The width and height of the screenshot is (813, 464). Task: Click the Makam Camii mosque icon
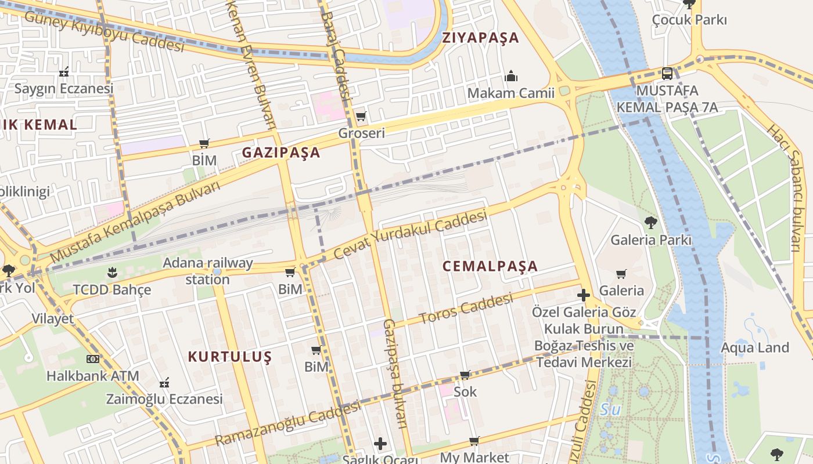click(511, 75)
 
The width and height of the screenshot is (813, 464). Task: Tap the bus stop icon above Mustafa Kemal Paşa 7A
click(667, 74)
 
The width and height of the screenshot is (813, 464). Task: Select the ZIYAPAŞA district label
click(480, 38)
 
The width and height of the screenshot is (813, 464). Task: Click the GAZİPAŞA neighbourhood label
click(281, 153)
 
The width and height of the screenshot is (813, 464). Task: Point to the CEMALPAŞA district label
click(490, 266)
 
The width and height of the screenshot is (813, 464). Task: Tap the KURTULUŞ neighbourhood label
click(230, 357)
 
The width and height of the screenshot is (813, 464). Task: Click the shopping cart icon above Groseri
click(361, 116)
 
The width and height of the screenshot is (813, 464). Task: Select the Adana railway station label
click(208, 271)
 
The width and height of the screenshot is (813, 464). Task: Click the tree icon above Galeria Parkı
click(650, 222)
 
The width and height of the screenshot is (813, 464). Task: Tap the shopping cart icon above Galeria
click(621, 274)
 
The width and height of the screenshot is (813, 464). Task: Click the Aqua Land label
click(755, 348)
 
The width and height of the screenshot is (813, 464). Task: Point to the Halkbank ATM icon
click(92, 359)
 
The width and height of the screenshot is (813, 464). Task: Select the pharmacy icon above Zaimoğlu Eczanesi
click(164, 383)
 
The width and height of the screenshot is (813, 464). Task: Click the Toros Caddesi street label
click(466, 309)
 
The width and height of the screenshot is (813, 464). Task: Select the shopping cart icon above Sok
click(465, 375)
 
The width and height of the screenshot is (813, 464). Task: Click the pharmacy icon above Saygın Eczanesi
click(64, 72)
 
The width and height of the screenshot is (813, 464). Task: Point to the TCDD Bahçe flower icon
click(111, 272)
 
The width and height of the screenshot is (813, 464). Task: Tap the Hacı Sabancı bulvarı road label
click(787, 188)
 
